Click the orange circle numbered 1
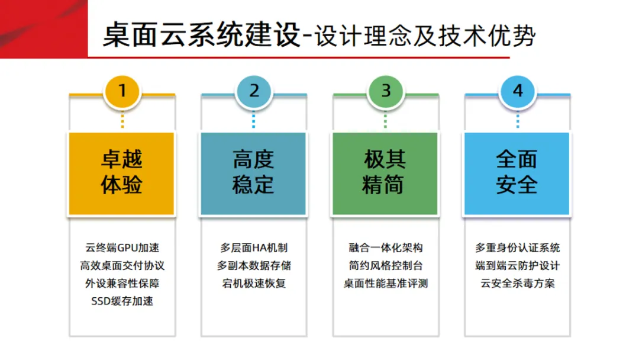click(122, 91)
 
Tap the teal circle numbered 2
click(254, 91)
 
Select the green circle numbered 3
click(386, 91)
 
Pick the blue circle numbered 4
click(518, 91)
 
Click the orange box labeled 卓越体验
click(122, 173)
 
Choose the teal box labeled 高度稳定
click(254, 173)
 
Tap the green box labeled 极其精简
click(385, 173)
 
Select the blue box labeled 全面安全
click(517, 173)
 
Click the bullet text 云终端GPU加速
click(122, 247)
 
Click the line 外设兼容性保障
click(122, 283)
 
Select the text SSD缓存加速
click(122, 301)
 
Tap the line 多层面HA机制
click(254, 247)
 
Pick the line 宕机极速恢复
click(254, 283)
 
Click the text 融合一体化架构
click(386, 247)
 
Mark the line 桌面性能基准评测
click(386, 283)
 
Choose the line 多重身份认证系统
click(518, 247)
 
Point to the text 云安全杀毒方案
click(518, 283)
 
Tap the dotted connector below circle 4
click(518, 120)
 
